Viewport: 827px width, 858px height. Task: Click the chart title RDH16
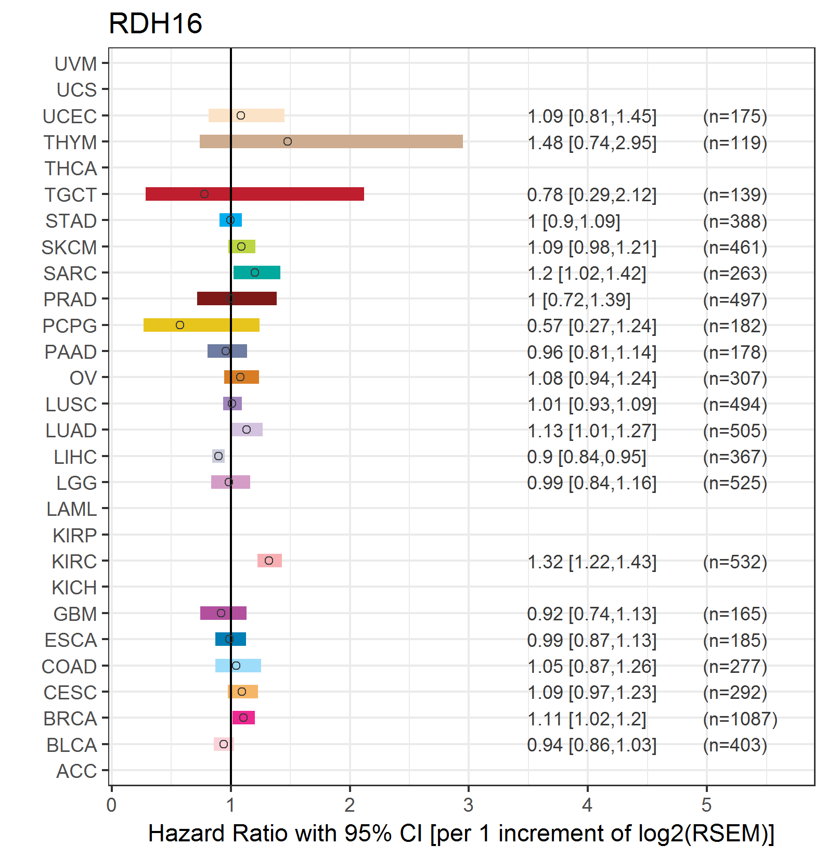click(155, 24)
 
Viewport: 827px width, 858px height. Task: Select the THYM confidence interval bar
click(331, 141)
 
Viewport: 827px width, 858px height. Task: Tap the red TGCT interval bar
click(255, 194)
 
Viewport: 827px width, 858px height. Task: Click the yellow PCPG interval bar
click(201, 325)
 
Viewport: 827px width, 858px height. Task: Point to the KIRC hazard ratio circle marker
click(269, 561)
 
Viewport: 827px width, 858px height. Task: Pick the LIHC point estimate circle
click(218, 456)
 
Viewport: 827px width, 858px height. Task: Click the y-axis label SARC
click(70, 274)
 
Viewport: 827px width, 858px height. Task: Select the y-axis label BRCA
click(70, 719)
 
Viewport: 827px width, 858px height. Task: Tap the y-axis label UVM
click(76, 64)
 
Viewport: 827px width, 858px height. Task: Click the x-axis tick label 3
click(469, 805)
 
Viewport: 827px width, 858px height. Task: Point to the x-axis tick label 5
click(706, 805)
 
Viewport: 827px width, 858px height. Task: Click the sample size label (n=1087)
click(740, 719)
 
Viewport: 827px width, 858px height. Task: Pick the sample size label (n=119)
click(735, 142)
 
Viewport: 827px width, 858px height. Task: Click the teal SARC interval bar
click(257, 272)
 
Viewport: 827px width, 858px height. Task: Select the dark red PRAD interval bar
click(237, 299)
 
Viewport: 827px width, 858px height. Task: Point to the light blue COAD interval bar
click(238, 666)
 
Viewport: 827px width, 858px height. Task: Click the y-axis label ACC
click(76, 771)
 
